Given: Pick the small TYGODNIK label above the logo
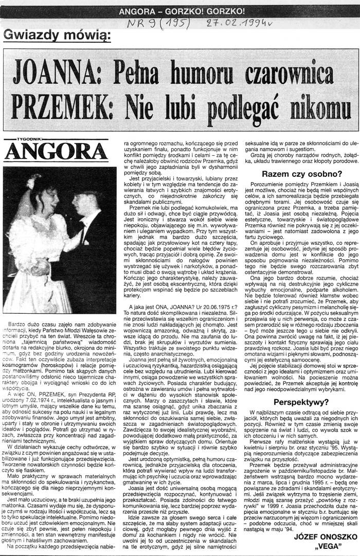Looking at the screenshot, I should (30, 139).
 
